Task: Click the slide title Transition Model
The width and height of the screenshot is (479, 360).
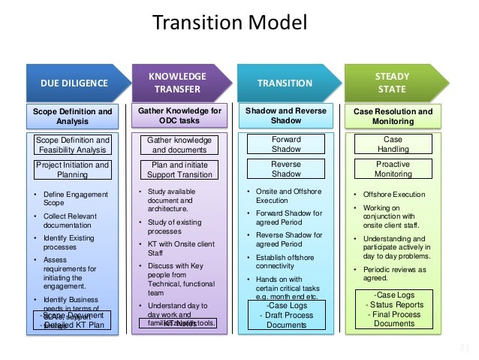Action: click(230, 22)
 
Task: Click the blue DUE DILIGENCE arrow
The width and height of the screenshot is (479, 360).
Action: click(72, 83)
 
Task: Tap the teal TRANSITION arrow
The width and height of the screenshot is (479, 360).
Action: click(285, 83)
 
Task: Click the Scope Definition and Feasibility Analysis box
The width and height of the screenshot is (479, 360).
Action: click(73, 145)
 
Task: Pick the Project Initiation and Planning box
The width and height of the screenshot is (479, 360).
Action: click(73, 170)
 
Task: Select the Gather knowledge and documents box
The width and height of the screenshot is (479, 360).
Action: click(179, 145)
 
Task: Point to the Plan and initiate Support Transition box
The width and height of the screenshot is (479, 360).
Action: click(179, 170)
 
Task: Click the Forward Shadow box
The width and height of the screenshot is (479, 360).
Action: click(285, 144)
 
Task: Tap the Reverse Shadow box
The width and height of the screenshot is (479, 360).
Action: click(285, 168)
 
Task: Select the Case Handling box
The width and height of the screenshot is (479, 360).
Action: click(393, 144)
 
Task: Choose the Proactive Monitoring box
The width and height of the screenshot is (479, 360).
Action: click(393, 168)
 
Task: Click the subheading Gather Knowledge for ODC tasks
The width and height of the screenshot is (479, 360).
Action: click(179, 116)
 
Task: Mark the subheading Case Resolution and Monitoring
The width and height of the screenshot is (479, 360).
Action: click(393, 116)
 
